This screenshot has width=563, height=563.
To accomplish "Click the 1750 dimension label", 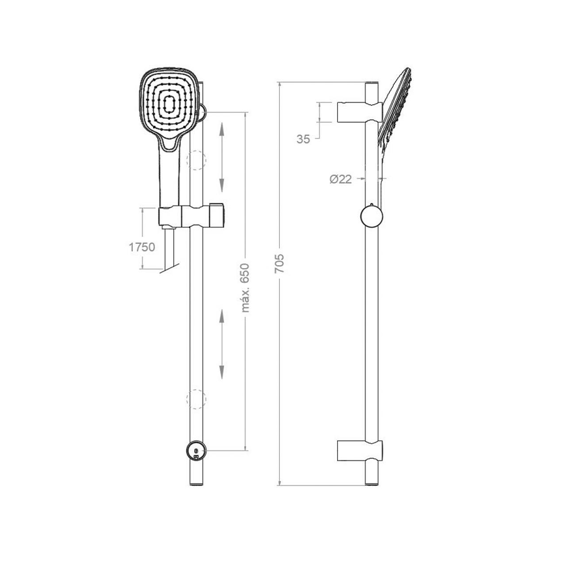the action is (x=142, y=247).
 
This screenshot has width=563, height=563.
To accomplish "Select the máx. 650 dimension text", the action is (x=245, y=288).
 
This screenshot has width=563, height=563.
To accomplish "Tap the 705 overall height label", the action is (x=279, y=263).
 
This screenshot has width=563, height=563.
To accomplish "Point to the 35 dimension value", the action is (x=303, y=139).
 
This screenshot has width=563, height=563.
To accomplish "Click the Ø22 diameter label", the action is (x=341, y=179).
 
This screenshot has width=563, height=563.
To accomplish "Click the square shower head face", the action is (x=168, y=104).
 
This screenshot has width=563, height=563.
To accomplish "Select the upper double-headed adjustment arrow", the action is (x=221, y=157).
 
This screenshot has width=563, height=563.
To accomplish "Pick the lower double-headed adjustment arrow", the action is (x=221, y=344).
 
